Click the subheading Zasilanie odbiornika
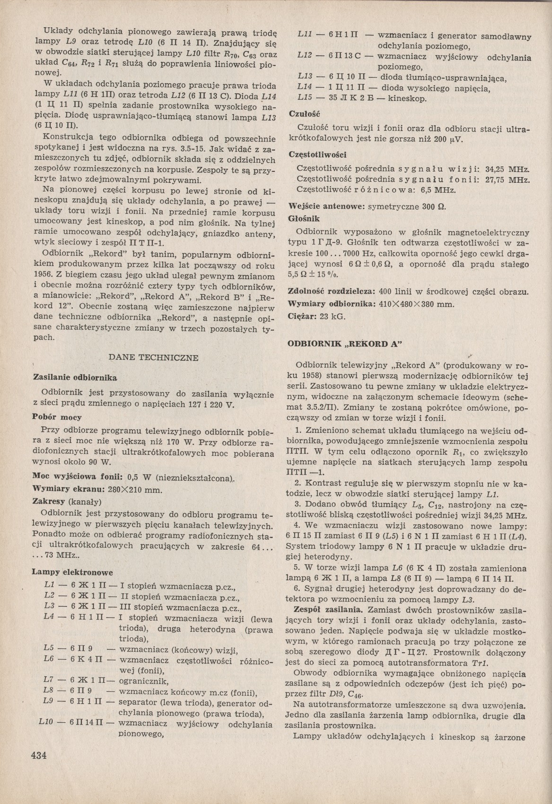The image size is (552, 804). point(74,377)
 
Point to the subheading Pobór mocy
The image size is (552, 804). point(56,417)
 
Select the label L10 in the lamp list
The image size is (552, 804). point(47,724)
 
